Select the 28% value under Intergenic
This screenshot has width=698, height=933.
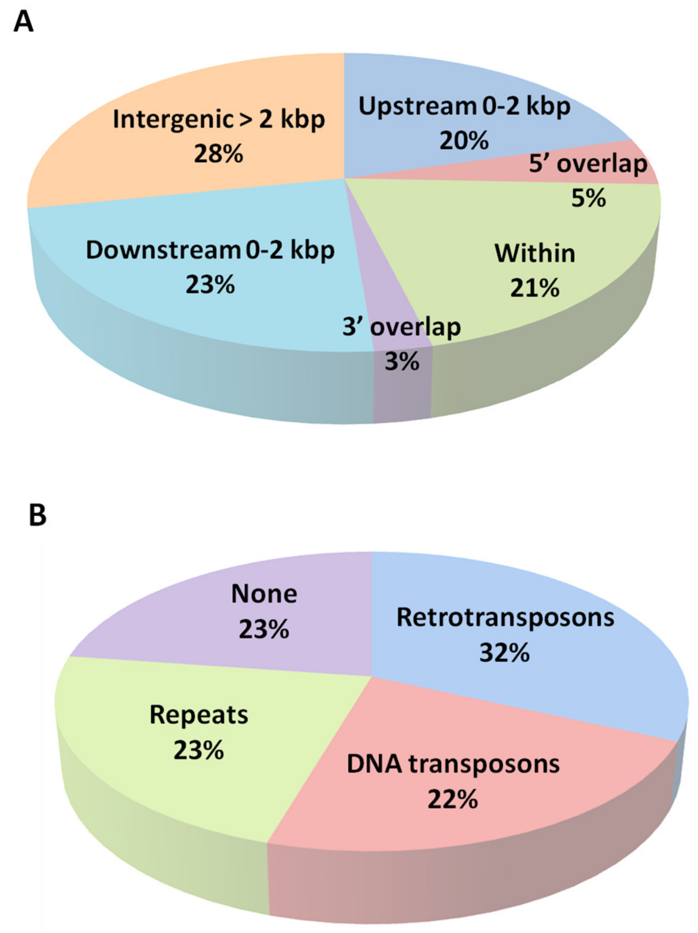(218, 154)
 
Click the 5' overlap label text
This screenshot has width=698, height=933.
(588, 164)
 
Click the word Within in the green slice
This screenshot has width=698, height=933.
(535, 253)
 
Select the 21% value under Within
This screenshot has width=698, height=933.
(535, 288)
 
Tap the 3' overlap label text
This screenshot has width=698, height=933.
(401, 327)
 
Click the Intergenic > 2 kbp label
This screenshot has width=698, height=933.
(218, 119)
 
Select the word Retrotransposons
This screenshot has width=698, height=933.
(505, 617)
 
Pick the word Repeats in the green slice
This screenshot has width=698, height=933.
(199, 715)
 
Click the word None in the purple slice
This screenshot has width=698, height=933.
(264, 594)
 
